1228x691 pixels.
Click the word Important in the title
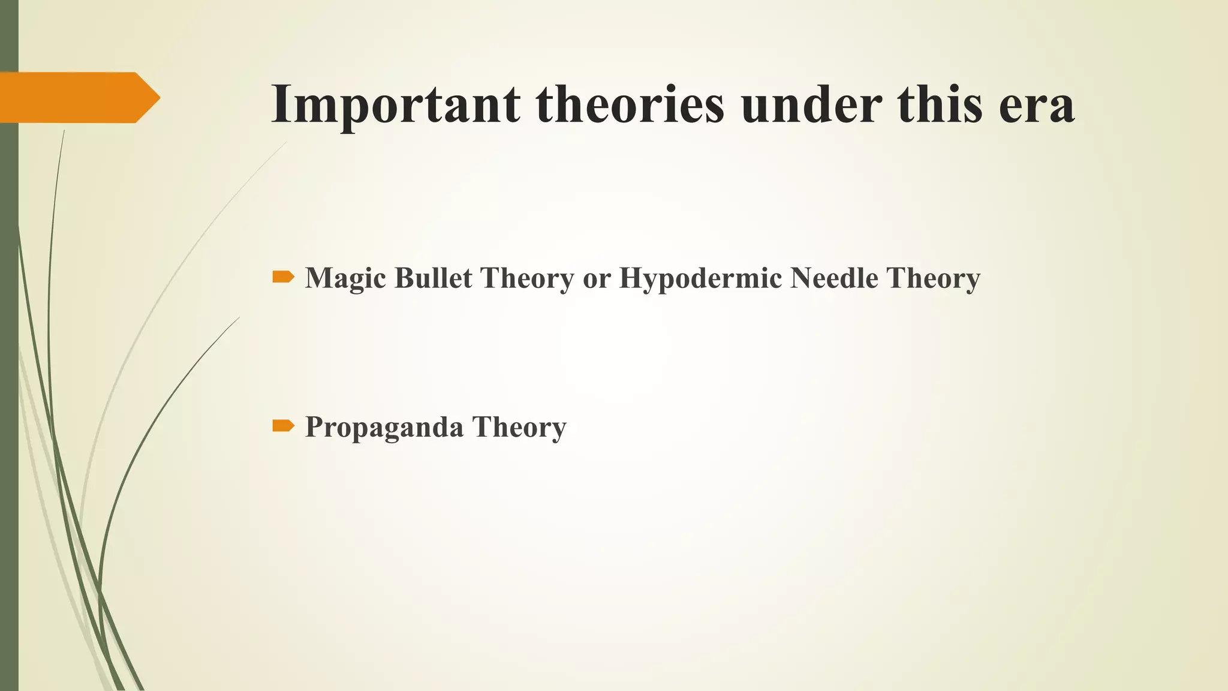click(396, 104)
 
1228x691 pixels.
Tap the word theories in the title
click(630, 104)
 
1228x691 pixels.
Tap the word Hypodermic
click(700, 278)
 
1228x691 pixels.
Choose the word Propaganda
click(384, 428)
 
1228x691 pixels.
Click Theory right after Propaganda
click(519, 428)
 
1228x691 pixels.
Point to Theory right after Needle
click(933, 278)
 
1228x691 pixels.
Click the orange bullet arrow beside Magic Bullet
click(283, 277)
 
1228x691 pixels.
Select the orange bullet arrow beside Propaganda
click(283, 426)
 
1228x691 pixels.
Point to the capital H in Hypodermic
click(631, 278)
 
